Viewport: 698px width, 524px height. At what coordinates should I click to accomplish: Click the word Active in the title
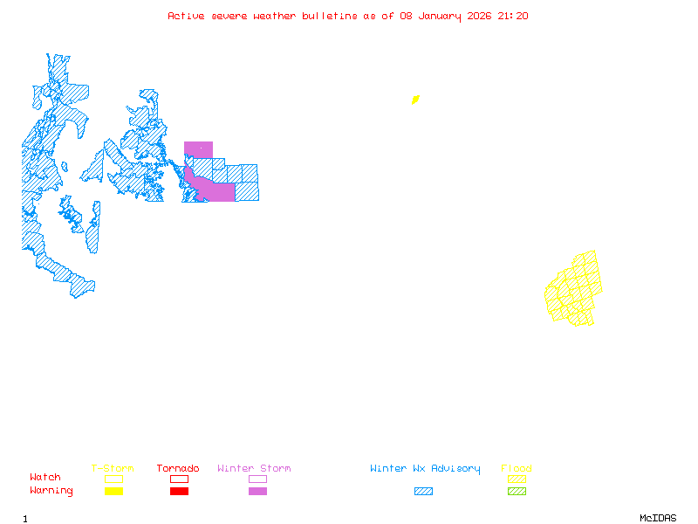[x=187, y=16]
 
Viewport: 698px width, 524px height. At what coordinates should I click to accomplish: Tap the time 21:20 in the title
[x=512, y=16]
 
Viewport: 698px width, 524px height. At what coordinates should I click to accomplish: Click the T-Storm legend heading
[x=113, y=469]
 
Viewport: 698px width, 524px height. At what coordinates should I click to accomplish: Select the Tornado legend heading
[x=178, y=469]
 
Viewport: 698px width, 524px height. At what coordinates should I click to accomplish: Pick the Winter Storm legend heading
[x=254, y=469]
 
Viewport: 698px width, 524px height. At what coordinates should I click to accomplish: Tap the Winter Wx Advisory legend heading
[x=425, y=469]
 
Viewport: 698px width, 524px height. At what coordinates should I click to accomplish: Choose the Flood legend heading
[x=517, y=469]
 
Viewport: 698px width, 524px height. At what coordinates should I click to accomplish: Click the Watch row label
[x=45, y=478]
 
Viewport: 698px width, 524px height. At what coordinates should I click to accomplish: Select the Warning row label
[x=51, y=491]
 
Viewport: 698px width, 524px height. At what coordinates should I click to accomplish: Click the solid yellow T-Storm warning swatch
[x=113, y=491]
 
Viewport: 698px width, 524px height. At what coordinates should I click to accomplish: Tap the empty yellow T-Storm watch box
[x=113, y=479]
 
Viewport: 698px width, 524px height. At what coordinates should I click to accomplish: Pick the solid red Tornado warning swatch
[x=179, y=491]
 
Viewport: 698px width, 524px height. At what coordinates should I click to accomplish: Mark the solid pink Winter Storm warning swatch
[x=257, y=491]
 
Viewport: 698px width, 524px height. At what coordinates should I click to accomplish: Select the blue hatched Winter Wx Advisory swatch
[x=423, y=491]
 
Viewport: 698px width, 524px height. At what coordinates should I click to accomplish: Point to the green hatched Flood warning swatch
[x=517, y=491]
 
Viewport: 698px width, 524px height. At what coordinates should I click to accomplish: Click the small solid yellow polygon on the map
[x=415, y=100]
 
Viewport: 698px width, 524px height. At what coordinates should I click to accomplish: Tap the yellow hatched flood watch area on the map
[x=575, y=289]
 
